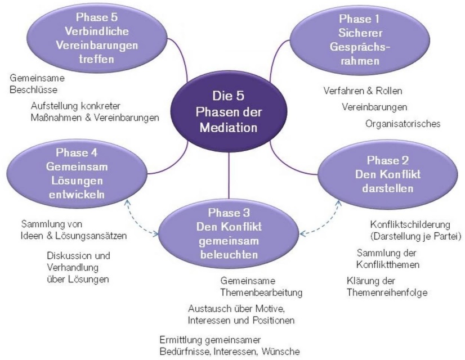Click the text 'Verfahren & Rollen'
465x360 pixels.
[363, 91]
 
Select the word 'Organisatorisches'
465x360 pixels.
[403, 124]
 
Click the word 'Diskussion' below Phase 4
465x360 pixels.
[69, 255]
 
